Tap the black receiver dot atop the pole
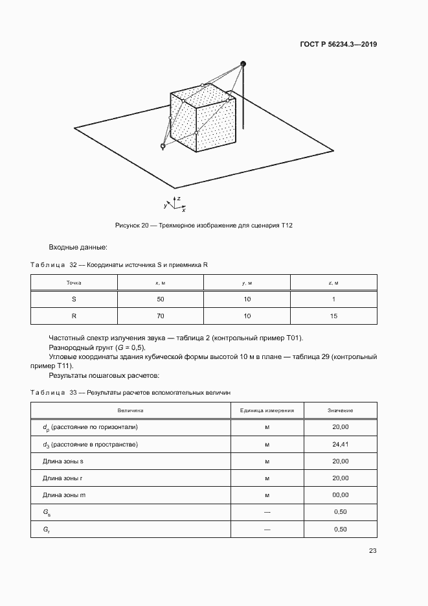[243, 64]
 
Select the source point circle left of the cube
[163, 146]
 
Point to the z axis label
[178, 197]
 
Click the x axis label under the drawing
[184, 210]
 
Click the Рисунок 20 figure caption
[204, 225]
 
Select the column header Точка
[74, 283]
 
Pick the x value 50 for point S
[161, 299]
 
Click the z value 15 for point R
[333, 316]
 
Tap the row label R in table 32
[74, 316]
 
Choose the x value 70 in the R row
[161, 316]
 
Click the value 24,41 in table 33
[341, 445]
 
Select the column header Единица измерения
[267, 411]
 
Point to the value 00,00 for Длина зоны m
[341, 495]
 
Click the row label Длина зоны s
[63, 461]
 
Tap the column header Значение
[341, 411]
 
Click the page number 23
[372, 551]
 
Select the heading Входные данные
[78, 247]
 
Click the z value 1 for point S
[333, 299]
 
